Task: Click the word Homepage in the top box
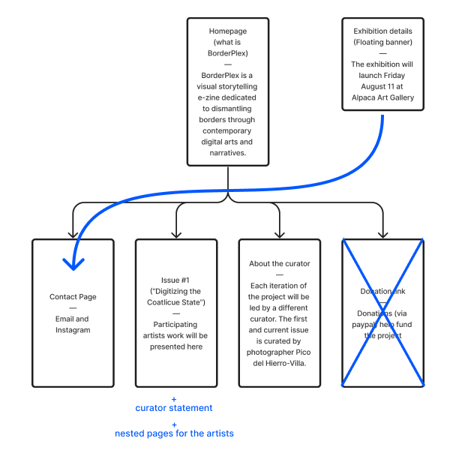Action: tap(228, 31)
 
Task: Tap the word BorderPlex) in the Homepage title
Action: tap(228, 53)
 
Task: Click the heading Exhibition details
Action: tap(383, 31)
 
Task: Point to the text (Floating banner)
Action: tap(383, 42)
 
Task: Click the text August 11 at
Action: tap(383, 86)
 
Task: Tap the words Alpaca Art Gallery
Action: tap(383, 97)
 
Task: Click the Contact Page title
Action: tap(73, 297)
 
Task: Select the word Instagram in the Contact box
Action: tap(73, 330)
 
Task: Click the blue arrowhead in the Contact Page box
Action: tap(73, 264)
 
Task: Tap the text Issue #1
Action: tap(176, 280)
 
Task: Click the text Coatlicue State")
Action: tap(176, 302)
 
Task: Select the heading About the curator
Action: tap(280, 264)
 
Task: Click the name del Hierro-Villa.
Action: tap(280, 364)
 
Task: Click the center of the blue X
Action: tap(383, 313)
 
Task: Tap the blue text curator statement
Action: tap(174, 408)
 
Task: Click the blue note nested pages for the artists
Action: tap(174, 433)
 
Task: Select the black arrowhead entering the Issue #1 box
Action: tap(176, 234)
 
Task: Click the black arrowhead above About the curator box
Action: tap(280, 234)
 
